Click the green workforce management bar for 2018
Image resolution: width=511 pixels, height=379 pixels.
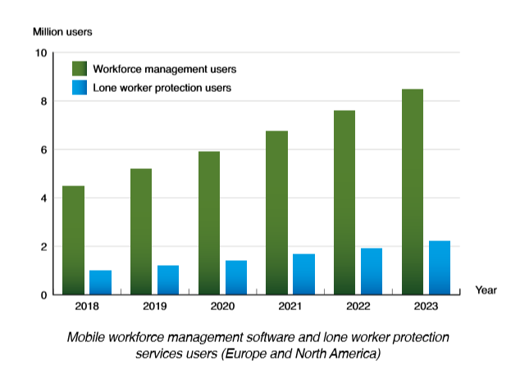(74, 240)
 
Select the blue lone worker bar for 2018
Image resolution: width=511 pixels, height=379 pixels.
(100, 281)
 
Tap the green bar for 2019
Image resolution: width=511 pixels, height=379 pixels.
(141, 231)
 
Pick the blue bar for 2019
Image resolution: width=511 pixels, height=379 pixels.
(168, 279)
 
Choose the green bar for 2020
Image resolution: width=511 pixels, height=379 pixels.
(209, 222)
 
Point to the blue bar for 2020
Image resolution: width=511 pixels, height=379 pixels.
(236, 277)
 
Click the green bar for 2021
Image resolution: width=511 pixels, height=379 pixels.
(277, 212)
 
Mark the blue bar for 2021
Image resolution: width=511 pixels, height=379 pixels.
(303, 274)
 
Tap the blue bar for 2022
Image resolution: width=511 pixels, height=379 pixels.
(372, 271)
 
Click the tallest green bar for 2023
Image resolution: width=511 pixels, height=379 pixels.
(413, 191)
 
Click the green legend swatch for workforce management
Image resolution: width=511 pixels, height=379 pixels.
(80, 68)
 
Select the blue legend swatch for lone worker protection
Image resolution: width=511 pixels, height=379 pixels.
(80, 87)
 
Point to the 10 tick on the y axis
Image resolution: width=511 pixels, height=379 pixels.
(42, 53)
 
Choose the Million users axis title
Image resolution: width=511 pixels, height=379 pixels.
(62, 32)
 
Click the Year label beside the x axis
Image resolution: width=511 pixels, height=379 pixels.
(486, 290)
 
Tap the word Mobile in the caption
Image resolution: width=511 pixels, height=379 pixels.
(86, 338)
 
